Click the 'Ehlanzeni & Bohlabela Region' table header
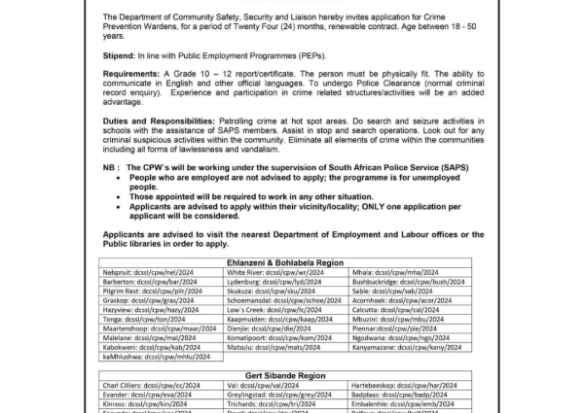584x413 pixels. [x=292, y=264]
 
